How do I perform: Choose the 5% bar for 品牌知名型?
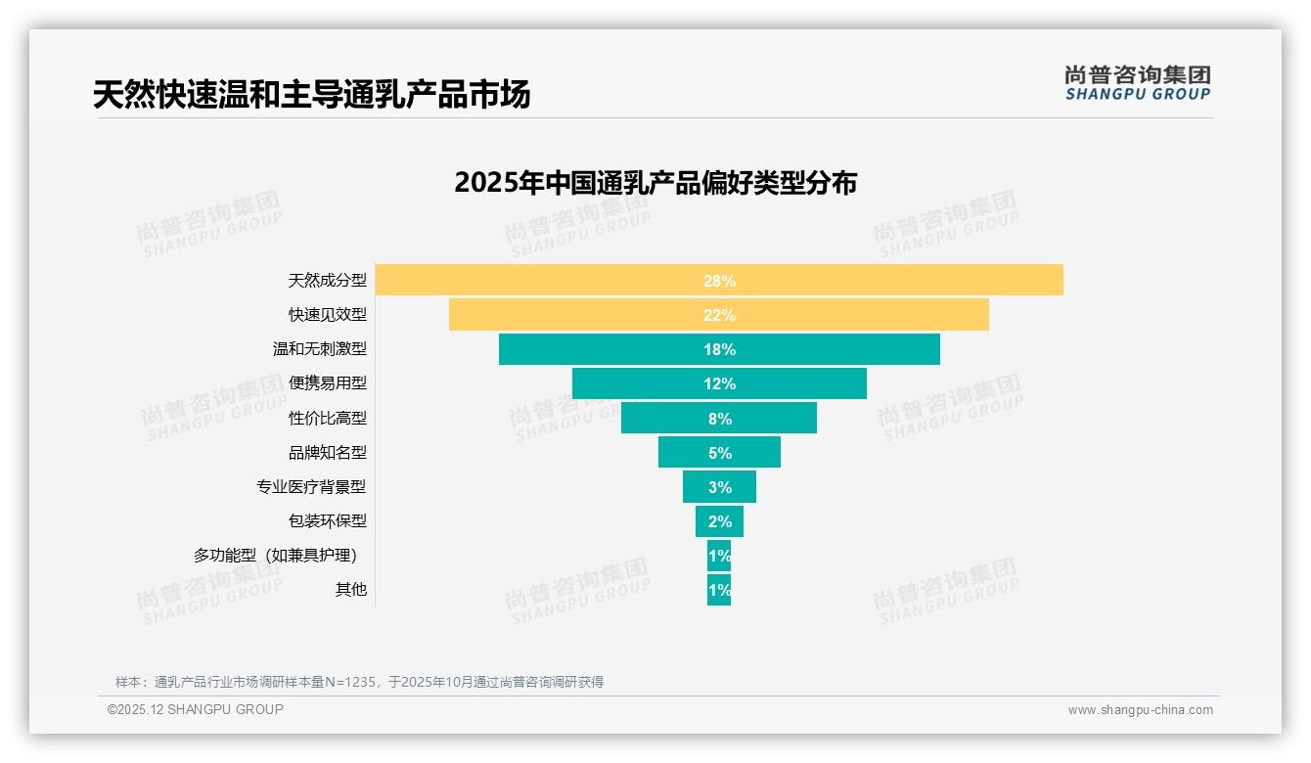pyautogui.click(x=685, y=453)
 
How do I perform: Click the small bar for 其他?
pyautogui.click(x=719, y=590)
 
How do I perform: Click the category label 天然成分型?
pyautogui.click(x=327, y=281)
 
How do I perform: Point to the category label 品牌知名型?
pyautogui.click(x=327, y=453)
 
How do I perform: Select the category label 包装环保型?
pyautogui.click(x=327, y=521)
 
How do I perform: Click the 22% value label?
pyautogui.click(x=719, y=315)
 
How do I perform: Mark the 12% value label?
pyautogui.click(x=719, y=383)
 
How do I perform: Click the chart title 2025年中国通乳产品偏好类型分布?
pyautogui.click(x=655, y=183)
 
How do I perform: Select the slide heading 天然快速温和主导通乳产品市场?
pyautogui.click(x=312, y=95)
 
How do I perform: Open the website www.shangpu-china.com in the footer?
pyautogui.click(x=1140, y=710)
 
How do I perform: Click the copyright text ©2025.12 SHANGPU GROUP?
pyautogui.click(x=196, y=709)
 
